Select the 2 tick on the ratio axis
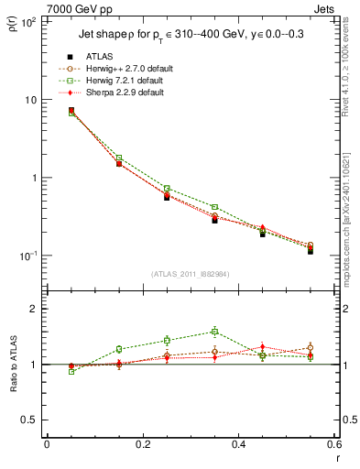[32, 310]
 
